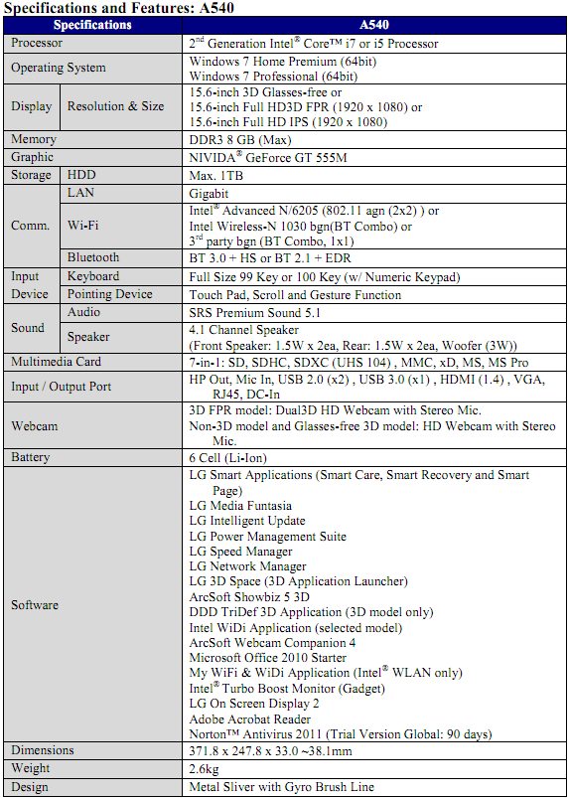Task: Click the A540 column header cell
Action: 375,24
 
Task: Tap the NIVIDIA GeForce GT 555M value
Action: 267,157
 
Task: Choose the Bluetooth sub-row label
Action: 93,257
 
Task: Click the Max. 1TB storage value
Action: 215,175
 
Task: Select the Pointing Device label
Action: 109,294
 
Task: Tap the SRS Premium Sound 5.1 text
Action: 254,312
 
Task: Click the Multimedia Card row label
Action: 56,362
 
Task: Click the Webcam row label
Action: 35,425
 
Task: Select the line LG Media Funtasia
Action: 240,506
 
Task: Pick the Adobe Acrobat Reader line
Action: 249,718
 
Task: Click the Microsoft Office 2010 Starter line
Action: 267,658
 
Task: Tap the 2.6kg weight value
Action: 206,769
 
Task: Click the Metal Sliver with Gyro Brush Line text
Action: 281,787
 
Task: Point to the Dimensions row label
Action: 46,750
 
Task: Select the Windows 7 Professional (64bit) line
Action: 273,76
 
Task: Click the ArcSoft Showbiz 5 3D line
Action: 249,597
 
